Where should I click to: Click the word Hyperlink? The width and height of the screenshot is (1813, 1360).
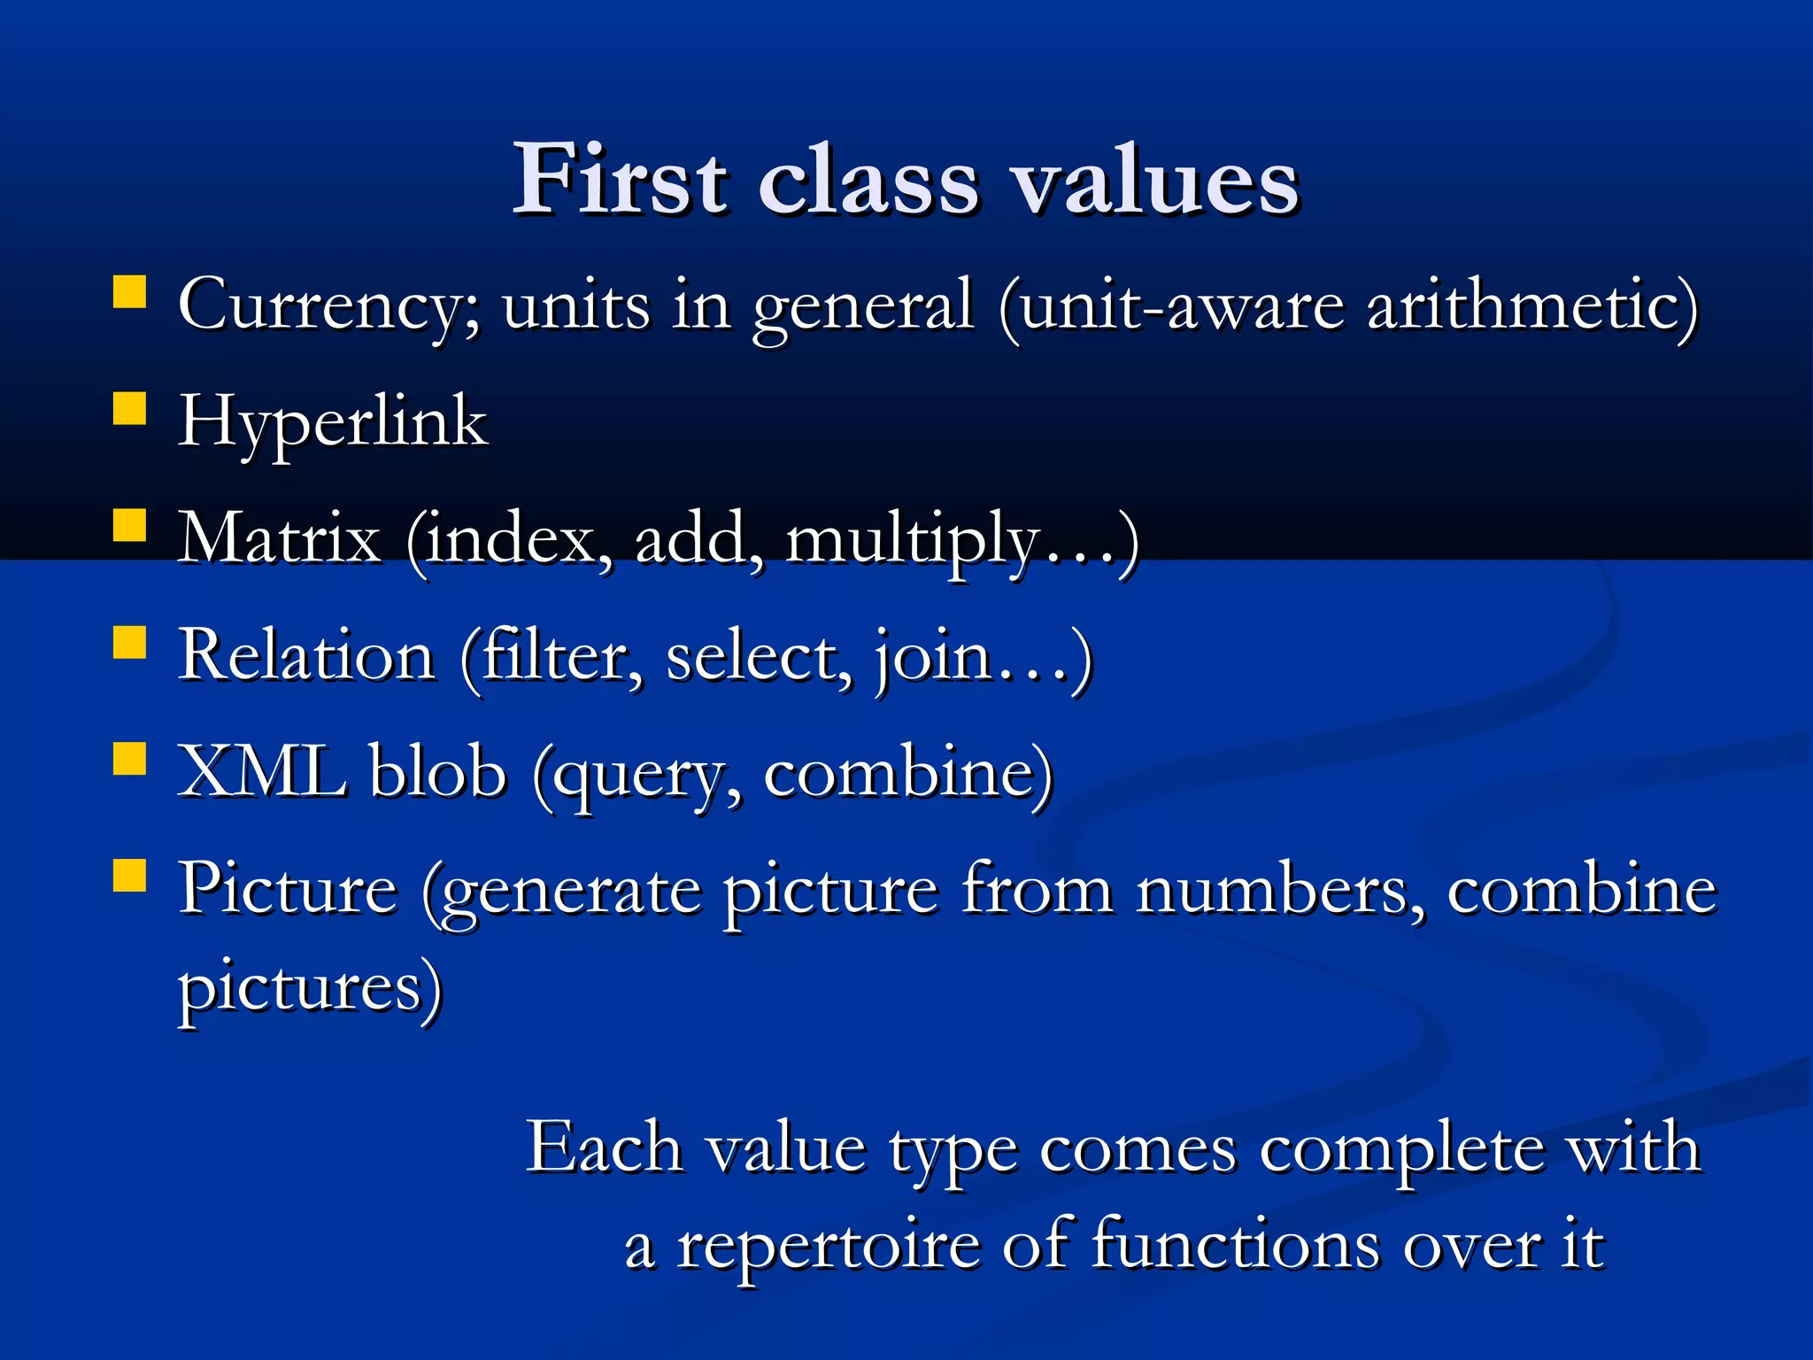pyautogui.click(x=333, y=422)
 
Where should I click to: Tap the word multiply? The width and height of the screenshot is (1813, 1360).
pyautogui.click(x=912, y=540)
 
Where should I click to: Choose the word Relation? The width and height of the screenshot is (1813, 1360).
pyautogui.click(x=306, y=656)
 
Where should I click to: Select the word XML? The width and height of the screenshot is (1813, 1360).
pyautogui.click(x=262, y=772)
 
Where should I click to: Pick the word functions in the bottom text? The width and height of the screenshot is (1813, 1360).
pyautogui.click(x=1234, y=1245)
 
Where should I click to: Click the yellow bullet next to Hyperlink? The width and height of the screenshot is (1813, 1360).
pyautogui.click(x=130, y=410)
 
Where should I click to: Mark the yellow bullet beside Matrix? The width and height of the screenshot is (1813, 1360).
pyautogui.click(x=130, y=526)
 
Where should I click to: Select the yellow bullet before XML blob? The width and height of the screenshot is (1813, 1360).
pyautogui.click(x=130, y=759)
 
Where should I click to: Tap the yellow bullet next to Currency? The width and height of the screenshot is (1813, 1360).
pyautogui.click(x=130, y=292)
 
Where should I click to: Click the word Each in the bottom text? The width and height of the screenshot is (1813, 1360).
pyautogui.click(x=604, y=1148)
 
